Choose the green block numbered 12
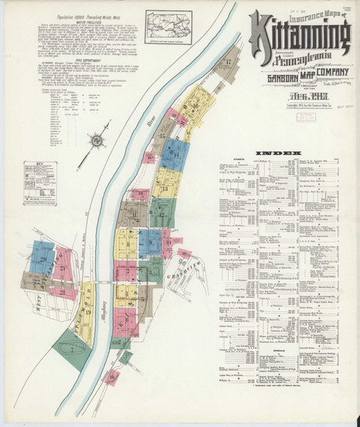pos(163,212)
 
